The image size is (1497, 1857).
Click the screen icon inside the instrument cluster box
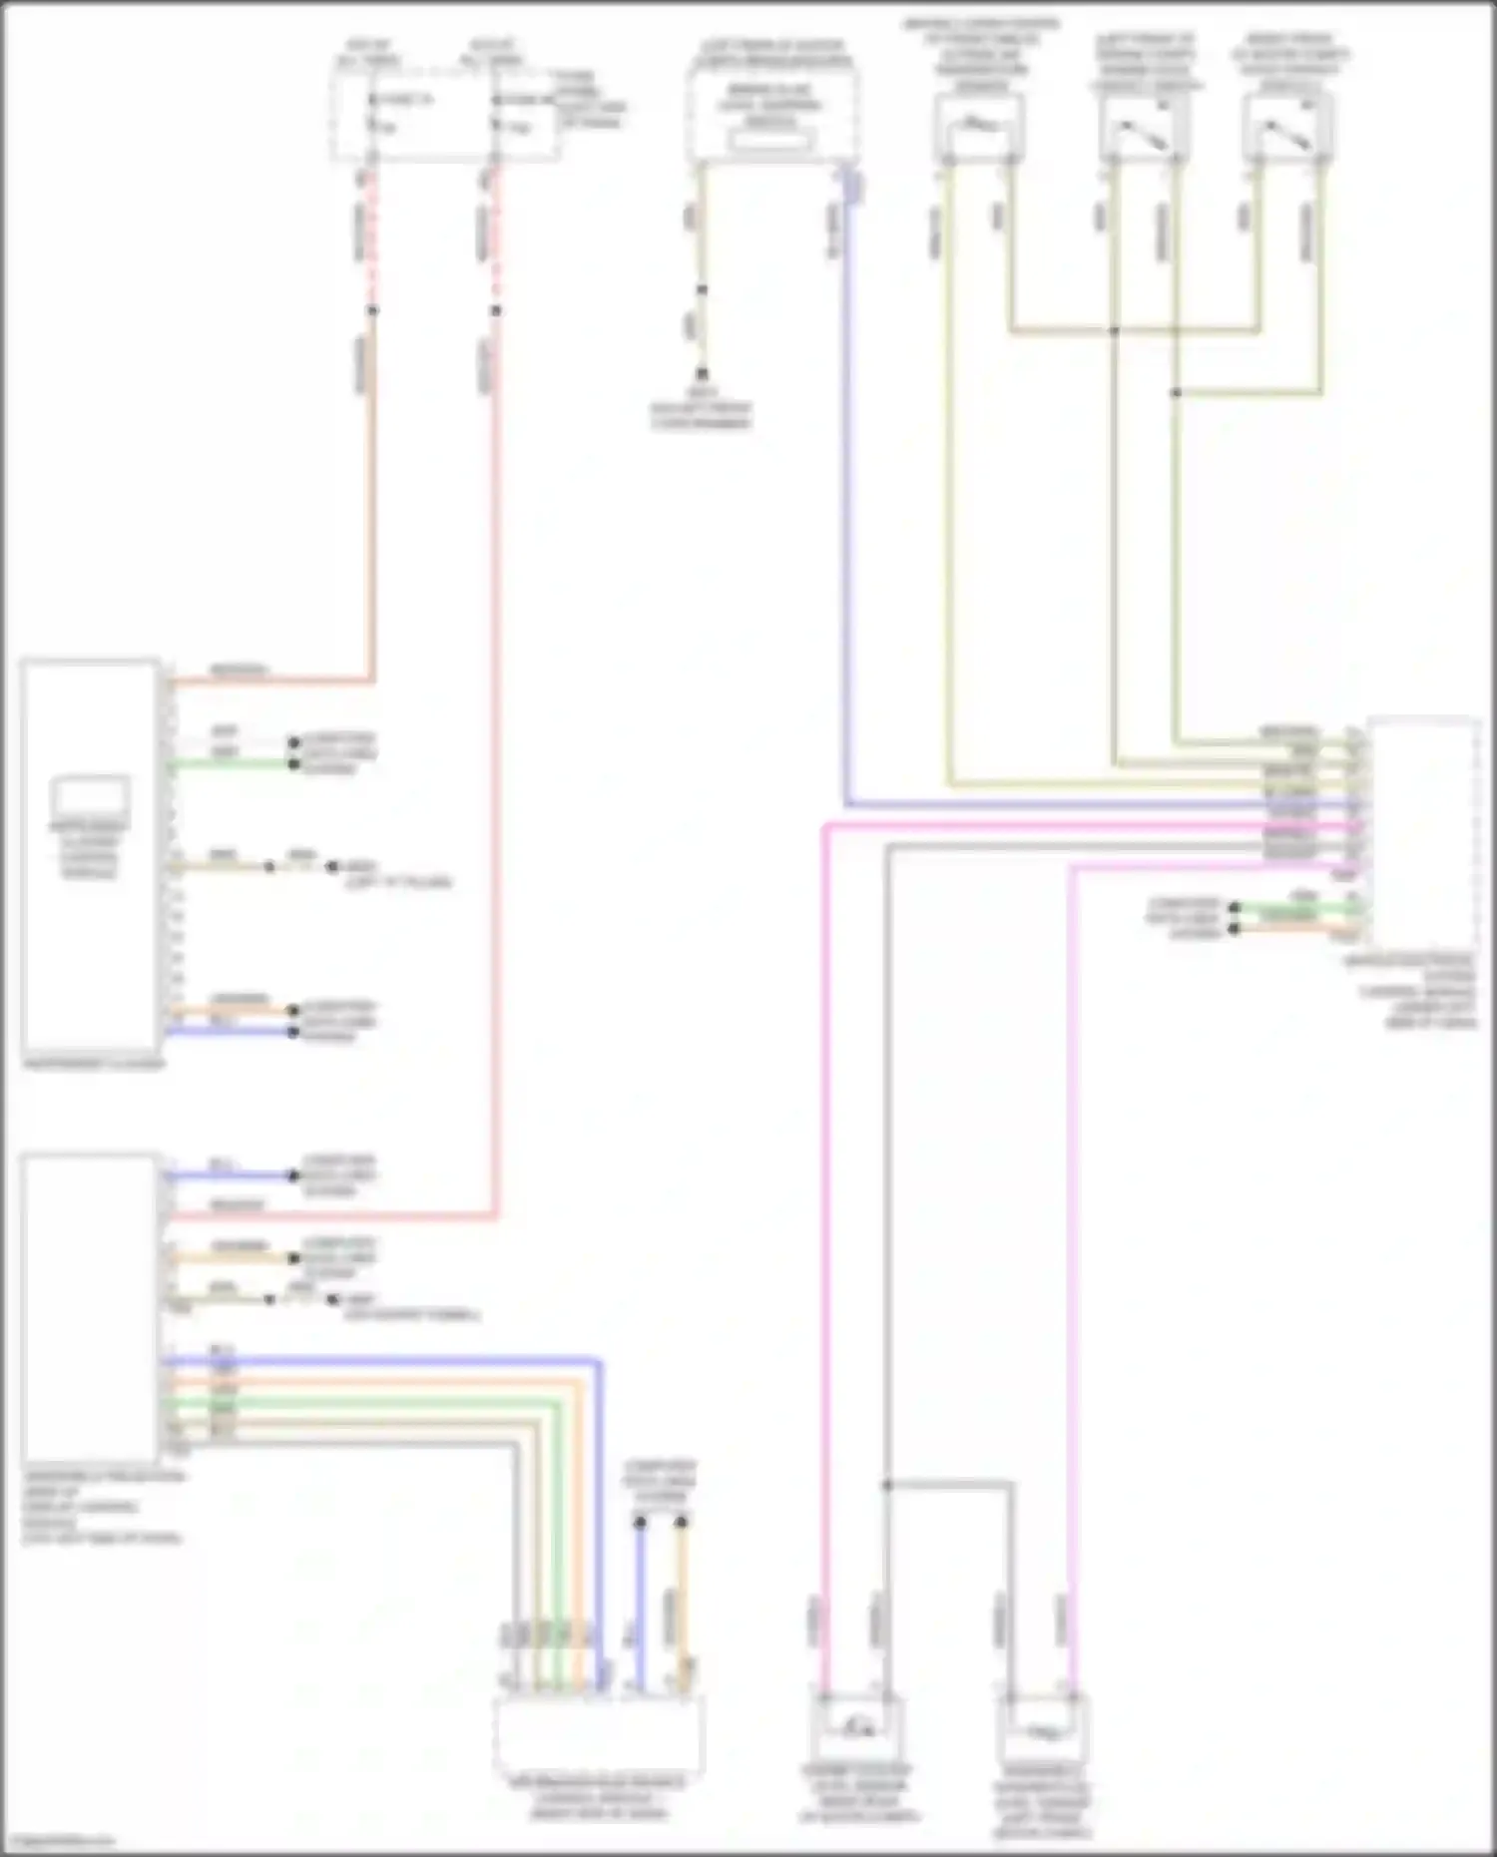tap(90, 796)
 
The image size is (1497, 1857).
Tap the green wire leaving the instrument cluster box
tap(230, 765)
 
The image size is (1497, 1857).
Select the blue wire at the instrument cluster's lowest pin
tap(230, 1031)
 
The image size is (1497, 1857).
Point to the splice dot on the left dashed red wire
tap(372, 310)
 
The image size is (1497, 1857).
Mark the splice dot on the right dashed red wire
tap(495, 310)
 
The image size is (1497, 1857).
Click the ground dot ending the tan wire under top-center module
tap(702, 374)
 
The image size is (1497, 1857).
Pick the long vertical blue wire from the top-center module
tap(846, 499)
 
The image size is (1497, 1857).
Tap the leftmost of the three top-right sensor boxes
tap(978, 127)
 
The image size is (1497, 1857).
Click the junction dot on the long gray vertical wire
tap(886, 1485)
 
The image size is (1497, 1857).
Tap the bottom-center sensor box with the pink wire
tap(855, 1729)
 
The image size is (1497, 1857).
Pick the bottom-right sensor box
tap(1041, 1729)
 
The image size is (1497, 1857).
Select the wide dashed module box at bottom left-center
tap(598, 1734)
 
